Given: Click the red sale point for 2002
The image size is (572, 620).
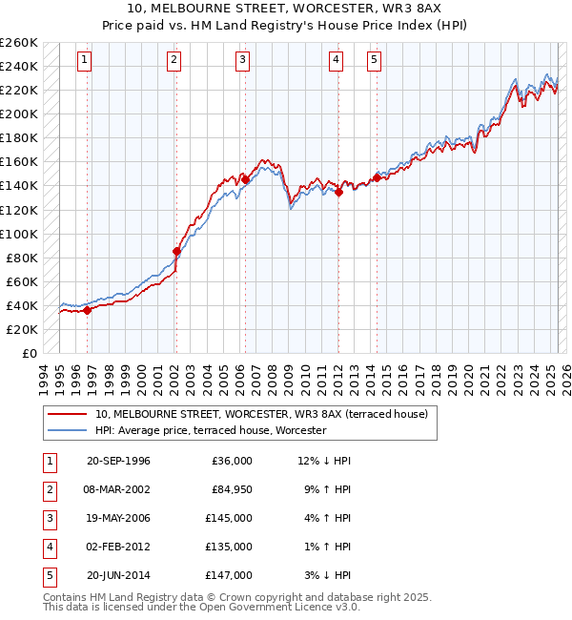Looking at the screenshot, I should [176, 252].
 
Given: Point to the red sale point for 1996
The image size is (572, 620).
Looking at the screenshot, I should [88, 309].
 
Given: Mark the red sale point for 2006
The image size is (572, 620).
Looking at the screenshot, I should [245, 179].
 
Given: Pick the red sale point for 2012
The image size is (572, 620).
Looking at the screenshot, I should [338, 192].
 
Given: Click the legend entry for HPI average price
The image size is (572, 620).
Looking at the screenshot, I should [210, 430].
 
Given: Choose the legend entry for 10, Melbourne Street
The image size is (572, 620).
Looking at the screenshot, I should [267, 414].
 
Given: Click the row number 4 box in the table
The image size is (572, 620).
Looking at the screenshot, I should [49, 547].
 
